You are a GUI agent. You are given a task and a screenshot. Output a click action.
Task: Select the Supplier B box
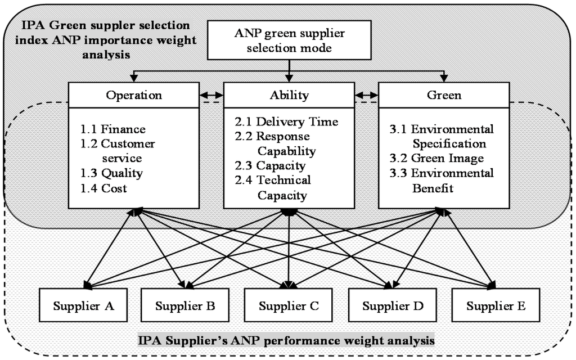(x=184, y=306)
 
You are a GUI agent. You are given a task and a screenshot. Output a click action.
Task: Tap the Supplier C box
(x=289, y=306)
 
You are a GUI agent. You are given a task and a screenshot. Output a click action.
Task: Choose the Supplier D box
(x=392, y=306)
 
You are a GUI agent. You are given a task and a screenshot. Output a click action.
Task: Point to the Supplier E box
(x=496, y=306)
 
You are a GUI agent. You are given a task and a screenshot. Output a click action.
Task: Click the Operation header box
(x=134, y=95)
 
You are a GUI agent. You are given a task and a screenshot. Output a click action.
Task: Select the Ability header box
(x=289, y=95)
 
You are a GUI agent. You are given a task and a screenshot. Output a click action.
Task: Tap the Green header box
(x=444, y=95)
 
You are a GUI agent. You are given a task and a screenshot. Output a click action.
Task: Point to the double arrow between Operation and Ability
(x=211, y=96)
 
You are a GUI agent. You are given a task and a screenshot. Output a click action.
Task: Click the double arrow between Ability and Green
(x=366, y=96)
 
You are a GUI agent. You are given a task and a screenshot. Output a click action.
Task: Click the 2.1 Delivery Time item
(x=286, y=121)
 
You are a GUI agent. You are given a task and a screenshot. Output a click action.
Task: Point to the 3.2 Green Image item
(x=436, y=158)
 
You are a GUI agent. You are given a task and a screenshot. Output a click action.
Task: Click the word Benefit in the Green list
(x=433, y=188)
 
